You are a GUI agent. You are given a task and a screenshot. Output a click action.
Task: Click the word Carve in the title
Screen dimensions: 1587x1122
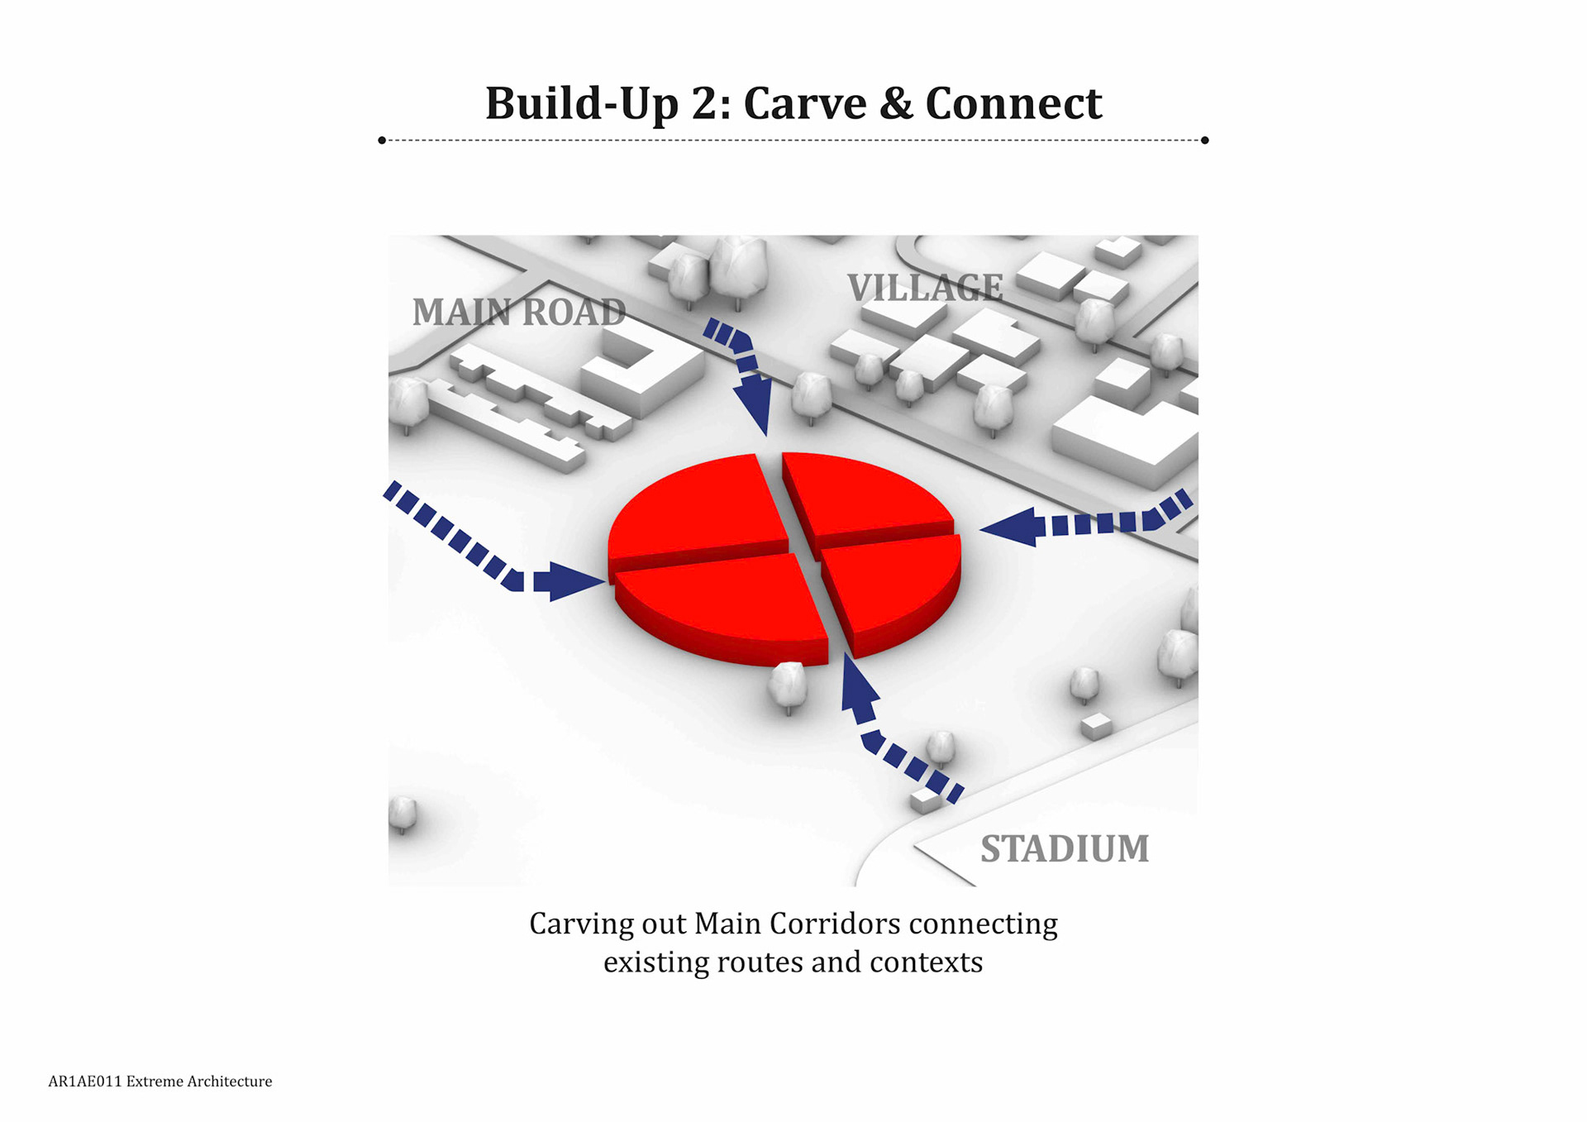click(x=804, y=104)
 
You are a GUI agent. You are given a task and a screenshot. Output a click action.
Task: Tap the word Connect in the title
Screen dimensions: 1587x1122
click(x=1013, y=104)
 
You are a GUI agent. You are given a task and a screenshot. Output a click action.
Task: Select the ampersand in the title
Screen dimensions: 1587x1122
click(x=896, y=104)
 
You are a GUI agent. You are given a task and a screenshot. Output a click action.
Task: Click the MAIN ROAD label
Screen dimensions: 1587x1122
click(x=519, y=313)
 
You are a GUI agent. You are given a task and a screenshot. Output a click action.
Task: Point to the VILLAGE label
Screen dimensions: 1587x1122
click(x=925, y=288)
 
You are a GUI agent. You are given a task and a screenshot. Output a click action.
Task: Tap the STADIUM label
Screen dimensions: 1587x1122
click(x=1065, y=849)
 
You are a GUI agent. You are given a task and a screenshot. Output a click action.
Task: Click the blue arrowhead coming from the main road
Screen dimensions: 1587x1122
click(x=755, y=404)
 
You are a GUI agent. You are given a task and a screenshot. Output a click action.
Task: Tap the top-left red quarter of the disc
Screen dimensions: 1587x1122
click(x=698, y=508)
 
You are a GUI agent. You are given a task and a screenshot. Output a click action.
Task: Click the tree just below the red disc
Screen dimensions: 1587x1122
click(x=787, y=685)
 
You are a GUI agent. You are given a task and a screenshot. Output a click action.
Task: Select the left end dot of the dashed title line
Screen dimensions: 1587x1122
click(x=382, y=141)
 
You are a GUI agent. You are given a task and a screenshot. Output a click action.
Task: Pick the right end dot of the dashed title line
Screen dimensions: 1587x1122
click(x=1204, y=141)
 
